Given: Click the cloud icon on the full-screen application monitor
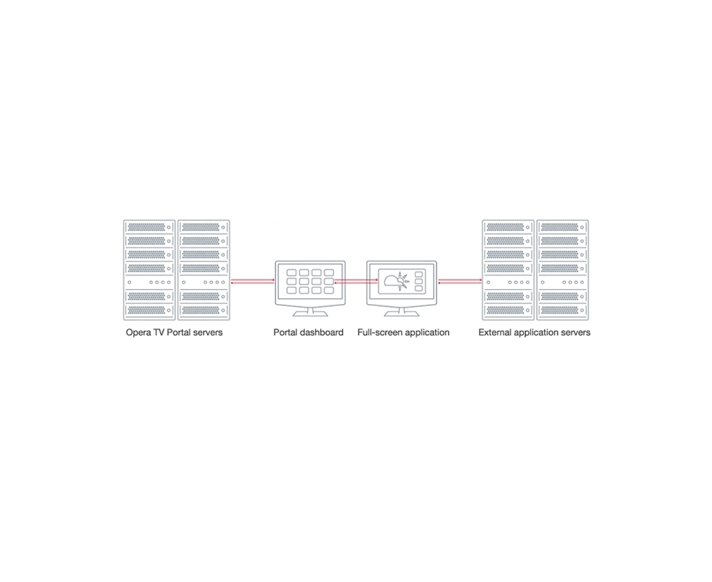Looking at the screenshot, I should (x=392, y=281).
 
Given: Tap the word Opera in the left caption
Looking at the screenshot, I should (x=138, y=332).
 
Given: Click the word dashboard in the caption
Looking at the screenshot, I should (x=321, y=332).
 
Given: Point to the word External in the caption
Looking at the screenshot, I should (x=496, y=332).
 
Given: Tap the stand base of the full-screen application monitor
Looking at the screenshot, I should (x=401, y=314).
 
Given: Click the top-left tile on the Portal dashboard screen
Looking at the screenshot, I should (x=291, y=274).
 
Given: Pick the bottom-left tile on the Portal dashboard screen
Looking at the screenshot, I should (x=291, y=290).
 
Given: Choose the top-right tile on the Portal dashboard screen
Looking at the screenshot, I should (x=329, y=274).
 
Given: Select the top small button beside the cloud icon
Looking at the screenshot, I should (x=418, y=274).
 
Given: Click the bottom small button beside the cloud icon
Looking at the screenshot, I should (x=418, y=289).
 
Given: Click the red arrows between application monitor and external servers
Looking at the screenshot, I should (x=460, y=281).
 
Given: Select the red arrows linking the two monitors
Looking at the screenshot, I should (x=356, y=281).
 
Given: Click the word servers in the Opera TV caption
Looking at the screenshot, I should (x=206, y=332).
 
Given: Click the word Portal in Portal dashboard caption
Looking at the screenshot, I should (x=285, y=332).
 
